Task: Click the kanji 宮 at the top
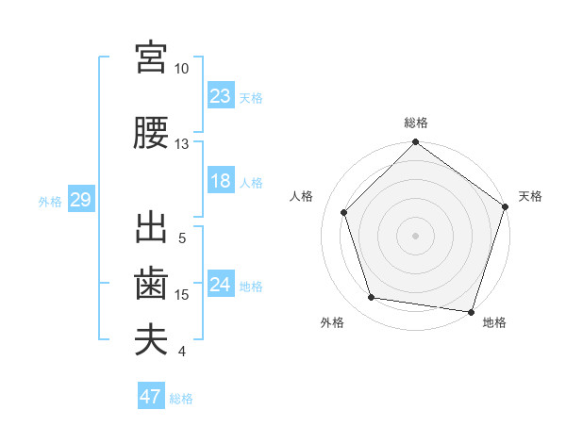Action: click(x=151, y=58)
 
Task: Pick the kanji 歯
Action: click(x=151, y=284)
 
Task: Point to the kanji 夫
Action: click(x=151, y=339)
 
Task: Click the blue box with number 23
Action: click(x=221, y=96)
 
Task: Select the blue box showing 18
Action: click(x=221, y=181)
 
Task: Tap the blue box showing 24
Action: click(x=221, y=285)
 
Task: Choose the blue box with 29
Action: click(x=80, y=200)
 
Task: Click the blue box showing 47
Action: click(x=151, y=397)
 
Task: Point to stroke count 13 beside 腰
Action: click(x=182, y=144)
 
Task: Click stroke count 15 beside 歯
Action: click(x=182, y=295)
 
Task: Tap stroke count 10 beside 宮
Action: click(x=182, y=69)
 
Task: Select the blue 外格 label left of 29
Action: click(x=50, y=201)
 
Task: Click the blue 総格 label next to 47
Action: click(x=181, y=399)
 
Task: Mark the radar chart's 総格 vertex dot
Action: click(x=415, y=143)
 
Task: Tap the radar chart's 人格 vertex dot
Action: click(x=344, y=212)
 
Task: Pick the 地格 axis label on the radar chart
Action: click(x=494, y=323)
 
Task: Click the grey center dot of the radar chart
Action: click(x=415, y=235)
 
